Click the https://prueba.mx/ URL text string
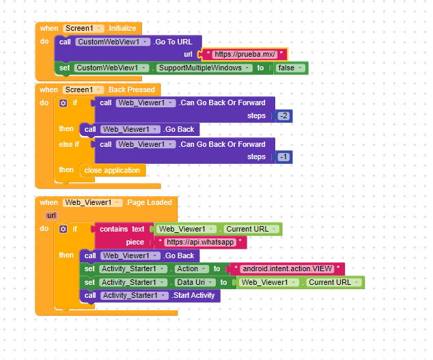coord(245,54)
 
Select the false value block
coord(290,68)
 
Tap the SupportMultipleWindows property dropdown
coord(204,68)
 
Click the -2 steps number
coord(283,115)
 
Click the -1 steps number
coord(283,157)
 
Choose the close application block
coord(112,170)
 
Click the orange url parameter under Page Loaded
coord(51,215)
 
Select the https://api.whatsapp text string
coord(200,243)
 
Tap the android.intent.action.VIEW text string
coord(288,269)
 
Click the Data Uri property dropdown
coord(195,282)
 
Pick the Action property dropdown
coord(192,269)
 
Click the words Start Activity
coord(194,295)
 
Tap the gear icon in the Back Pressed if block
coord(64,103)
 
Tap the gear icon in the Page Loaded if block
coord(64,230)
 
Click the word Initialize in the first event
coord(122,28)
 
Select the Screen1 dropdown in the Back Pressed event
coord(83,89)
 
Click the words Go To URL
coord(173,42)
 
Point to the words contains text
coord(122,229)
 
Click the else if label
coord(69,145)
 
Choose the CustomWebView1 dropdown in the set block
coord(111,68)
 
